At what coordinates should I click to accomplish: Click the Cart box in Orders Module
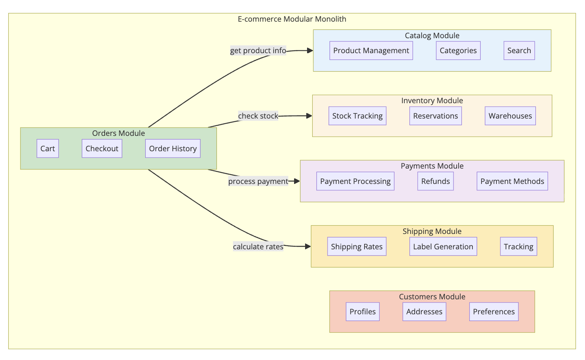coord(48,148)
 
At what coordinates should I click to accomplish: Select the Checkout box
coord(102,148)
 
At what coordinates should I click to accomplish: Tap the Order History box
coord(173,148)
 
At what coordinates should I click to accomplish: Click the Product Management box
coord(371,50)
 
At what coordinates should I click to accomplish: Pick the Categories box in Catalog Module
coord(458,50)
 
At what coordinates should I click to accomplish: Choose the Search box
coord(519,50)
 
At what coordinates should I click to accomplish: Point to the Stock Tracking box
coord(357,116)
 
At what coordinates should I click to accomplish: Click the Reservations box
coord(435,116)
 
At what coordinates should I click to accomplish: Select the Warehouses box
coord(510,116)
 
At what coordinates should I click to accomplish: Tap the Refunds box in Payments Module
coord(435,181)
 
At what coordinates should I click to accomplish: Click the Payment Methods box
coord(512,181)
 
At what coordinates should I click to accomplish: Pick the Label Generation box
coord(443,247)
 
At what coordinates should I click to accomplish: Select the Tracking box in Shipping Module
coord(518,247)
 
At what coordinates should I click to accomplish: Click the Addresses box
coord(424,312)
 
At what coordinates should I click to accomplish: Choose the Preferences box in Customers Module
coord(494,312)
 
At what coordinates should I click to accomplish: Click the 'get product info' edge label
coord(258,50)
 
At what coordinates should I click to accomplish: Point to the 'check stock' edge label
coord(258,116)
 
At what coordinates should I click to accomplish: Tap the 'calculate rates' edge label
coord(258,247)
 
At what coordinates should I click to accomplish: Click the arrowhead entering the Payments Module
coord(297,181)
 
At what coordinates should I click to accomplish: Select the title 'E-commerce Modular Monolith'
coord(292,19)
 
